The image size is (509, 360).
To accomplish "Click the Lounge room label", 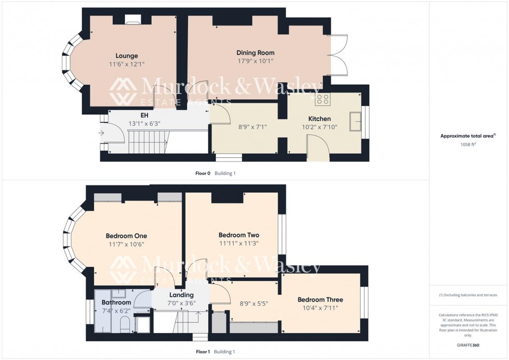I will [127, 56].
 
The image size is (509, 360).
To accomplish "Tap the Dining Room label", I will [255, 52].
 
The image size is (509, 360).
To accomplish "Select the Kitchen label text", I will [319, 119].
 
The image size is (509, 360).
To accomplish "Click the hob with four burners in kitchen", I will [322, 99].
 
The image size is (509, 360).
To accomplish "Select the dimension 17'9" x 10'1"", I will [255, 61].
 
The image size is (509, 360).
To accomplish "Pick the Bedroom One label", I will [126, 235].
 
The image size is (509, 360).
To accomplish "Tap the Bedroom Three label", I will [320, 300].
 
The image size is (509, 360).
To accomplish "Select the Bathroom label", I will [116, 302].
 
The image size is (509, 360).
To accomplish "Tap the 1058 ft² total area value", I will [468, 145].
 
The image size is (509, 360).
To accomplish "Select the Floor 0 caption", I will [200, 173].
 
